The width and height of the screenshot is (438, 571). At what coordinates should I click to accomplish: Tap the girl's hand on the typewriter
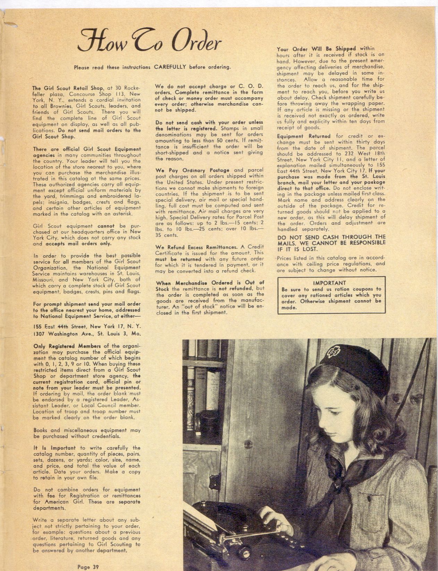(x=274, y=520)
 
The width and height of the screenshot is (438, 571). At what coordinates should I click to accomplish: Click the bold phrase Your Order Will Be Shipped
(x=317, y=49)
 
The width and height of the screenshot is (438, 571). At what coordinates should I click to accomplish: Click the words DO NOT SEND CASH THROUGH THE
(x=331, y=237)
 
